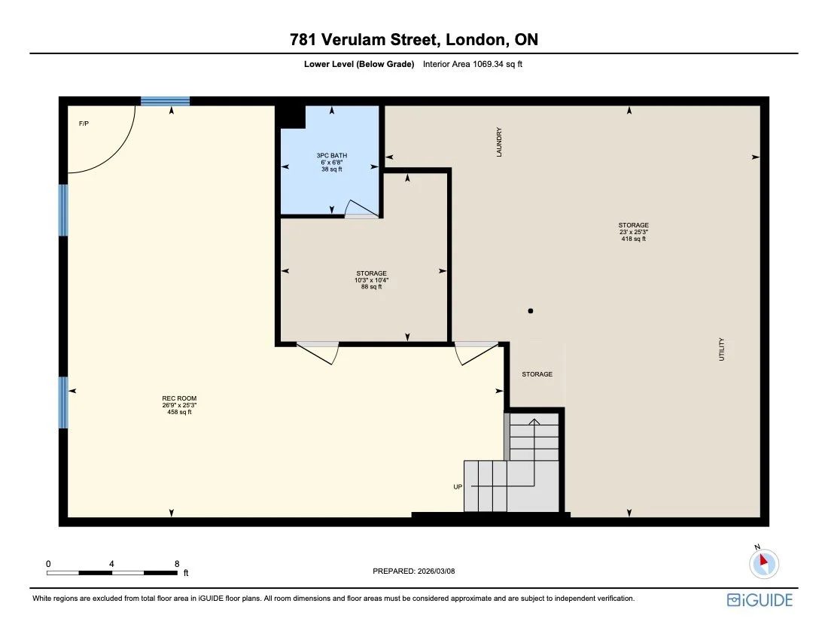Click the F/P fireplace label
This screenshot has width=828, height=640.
tap(84, 123)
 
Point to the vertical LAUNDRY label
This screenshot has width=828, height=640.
tap(499, 142)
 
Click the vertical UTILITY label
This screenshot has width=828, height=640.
tap(721, 349)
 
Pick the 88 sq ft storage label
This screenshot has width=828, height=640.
tap(371, 279)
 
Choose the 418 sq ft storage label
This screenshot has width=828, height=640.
tap(633, 232)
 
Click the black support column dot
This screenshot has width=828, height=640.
tap(531, 310)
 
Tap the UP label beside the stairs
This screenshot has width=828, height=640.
tap(457, 487)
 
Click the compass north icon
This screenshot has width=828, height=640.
tap(764, 562)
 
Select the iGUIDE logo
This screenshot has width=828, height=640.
tap(760, 600)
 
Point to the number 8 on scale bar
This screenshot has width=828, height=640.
tap(177, 563)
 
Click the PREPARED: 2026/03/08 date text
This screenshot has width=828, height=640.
tap(414, 571)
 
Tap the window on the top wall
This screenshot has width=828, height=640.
tap(165, 102)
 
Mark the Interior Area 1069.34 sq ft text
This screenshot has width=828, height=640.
tap(473, 65)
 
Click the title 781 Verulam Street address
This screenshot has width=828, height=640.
tap(413, 40)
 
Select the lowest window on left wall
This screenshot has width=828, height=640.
tap(63, 402)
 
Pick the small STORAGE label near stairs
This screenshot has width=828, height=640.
tap(537, 374)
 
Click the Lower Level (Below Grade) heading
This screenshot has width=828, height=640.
tap(359, 65)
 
